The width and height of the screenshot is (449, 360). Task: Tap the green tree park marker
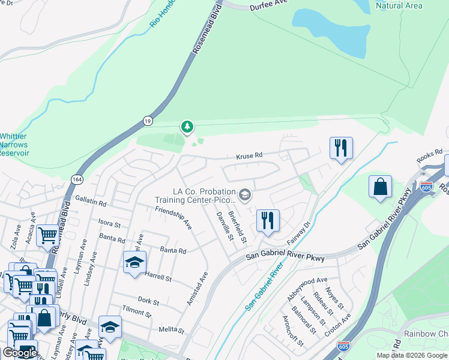pyautogui.click(x=188, y=127)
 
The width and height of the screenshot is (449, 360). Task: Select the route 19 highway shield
pyautogui.click(x=147, y=121)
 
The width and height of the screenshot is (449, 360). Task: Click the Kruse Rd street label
pyautogui.click(x=250, y=155)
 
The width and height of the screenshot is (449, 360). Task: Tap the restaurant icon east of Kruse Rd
pyautogui.click(x=341, y=148)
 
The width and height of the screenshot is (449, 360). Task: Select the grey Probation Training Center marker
pyautogui.click(x=244, y=194)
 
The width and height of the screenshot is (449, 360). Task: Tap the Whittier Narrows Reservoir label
pyautogui.click(x=13, y=145)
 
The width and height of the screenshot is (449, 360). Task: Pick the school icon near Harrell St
pyautogui.click(x=134, y=262)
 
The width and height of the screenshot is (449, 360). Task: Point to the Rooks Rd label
pyautogui.click(x=429, y=155)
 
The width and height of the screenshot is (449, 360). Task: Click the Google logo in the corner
pyautogui.click(x=20, y=353)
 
